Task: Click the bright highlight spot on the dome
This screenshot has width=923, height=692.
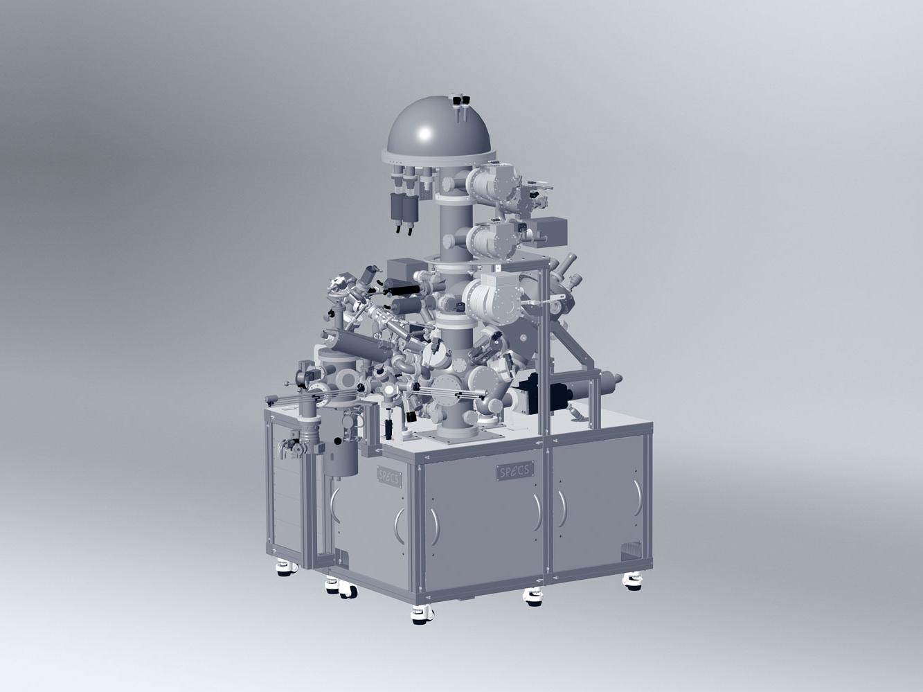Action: coord(424,134)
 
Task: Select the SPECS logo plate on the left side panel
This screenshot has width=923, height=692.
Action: coord(390,477)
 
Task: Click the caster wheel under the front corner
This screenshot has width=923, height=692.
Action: coord(422,615)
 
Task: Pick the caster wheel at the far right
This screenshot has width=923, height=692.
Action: coord(633,582)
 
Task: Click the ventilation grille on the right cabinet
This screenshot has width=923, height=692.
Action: coord(631,551)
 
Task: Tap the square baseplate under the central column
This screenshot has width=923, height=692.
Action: coord(459,438)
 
